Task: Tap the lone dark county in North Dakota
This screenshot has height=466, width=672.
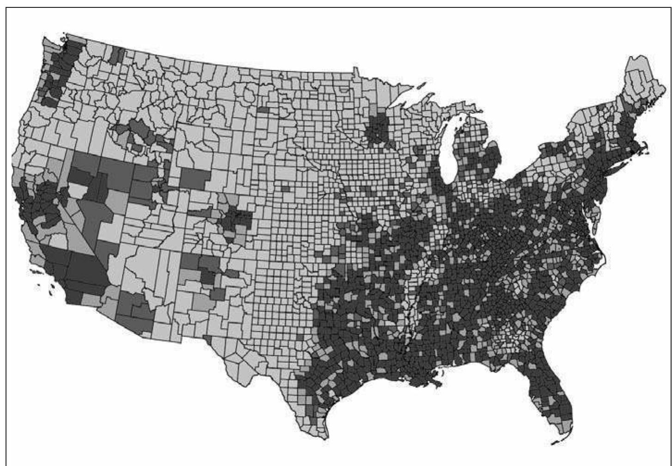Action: coord(263,110)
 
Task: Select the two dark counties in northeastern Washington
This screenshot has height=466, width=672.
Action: coord(116,56)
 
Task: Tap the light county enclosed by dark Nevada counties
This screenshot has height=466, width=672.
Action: coord(78,189)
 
